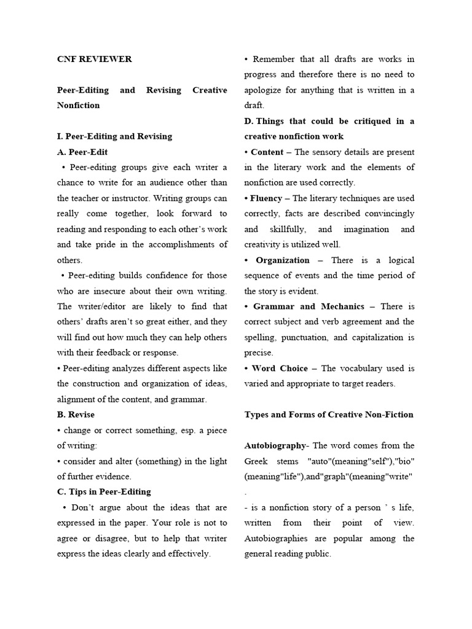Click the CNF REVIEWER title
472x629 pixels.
tap(94, 60)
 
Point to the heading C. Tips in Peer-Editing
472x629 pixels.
tap(104, 492)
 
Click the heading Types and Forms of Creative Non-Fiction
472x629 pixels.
tap(329, 415)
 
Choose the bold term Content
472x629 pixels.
tap(268, 152)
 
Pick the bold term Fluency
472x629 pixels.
tap(266, 198)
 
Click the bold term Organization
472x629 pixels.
tap(283, 260)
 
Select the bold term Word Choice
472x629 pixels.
tap(280, 369)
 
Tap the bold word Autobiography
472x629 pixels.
tap(275, 445)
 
